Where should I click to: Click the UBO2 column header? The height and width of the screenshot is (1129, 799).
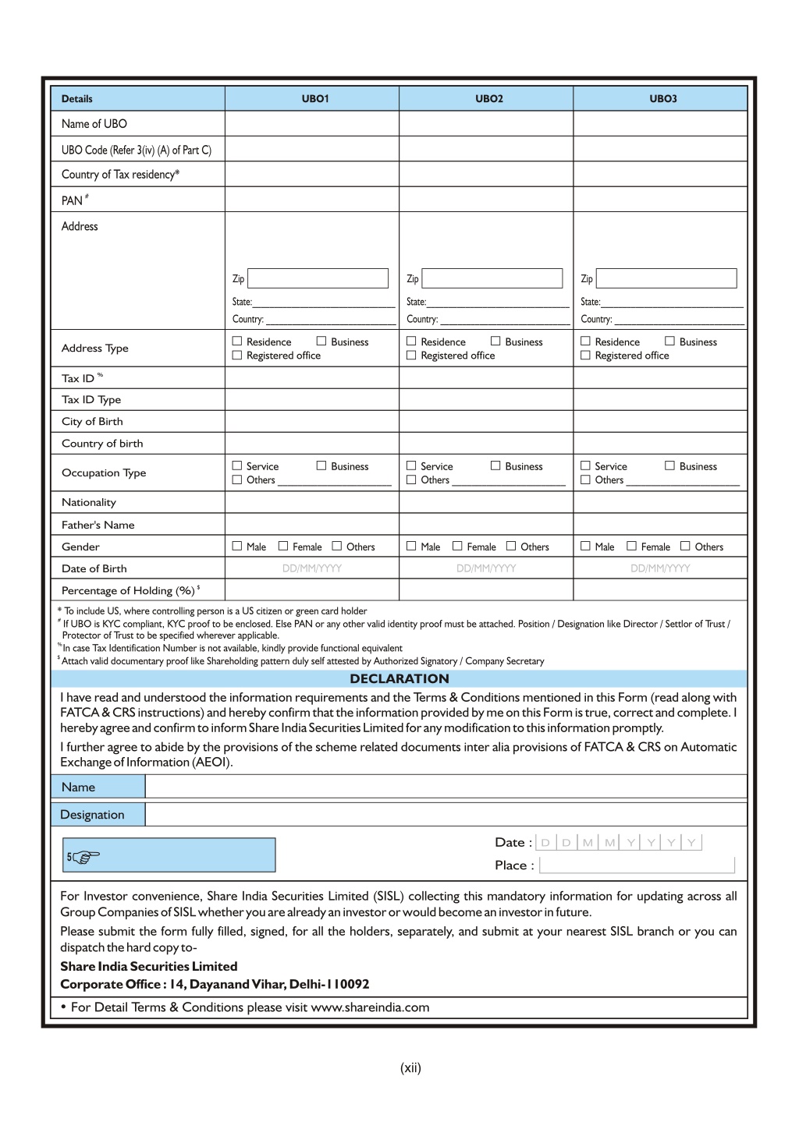click(x=489, y=99)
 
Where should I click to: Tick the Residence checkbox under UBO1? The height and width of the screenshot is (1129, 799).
click(x=237, y=342)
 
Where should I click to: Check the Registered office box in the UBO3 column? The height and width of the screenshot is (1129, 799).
click(x=585, y=356)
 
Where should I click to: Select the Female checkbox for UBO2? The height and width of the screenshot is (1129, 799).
click(x=458, y=547)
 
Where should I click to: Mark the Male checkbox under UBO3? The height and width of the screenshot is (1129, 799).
click(x=585, y=547)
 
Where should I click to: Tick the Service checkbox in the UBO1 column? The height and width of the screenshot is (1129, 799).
click(x=237, y=466)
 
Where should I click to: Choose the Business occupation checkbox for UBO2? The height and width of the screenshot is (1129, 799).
click(x=495, y=466)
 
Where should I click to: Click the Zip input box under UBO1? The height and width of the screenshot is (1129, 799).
click(x=318, y=278)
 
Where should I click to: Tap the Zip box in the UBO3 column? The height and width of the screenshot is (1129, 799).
click(x=666, y=278)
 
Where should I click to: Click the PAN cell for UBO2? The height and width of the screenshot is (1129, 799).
click(x=486, y=200)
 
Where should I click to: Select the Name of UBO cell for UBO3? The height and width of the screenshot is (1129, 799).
click(x=660, y=123)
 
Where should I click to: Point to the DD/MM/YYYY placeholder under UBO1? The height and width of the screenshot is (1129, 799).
click(x=312, y=568)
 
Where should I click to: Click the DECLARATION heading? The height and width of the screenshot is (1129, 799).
click(x=399, y=678)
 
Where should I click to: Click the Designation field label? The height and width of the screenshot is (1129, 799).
click(x=92, y=815)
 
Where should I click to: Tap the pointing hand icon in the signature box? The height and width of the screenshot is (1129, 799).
click(x=85, y=857)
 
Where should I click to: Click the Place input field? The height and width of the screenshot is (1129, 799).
click(x=637, y=865)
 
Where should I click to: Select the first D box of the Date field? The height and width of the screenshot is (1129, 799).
click(x=545, y=842)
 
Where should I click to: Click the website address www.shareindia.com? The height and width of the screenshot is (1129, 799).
click(x=370, y=1007)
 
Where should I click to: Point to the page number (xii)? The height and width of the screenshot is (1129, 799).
click(x=410, y=1068)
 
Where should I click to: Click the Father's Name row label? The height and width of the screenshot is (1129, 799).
click(x=98, y=525)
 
